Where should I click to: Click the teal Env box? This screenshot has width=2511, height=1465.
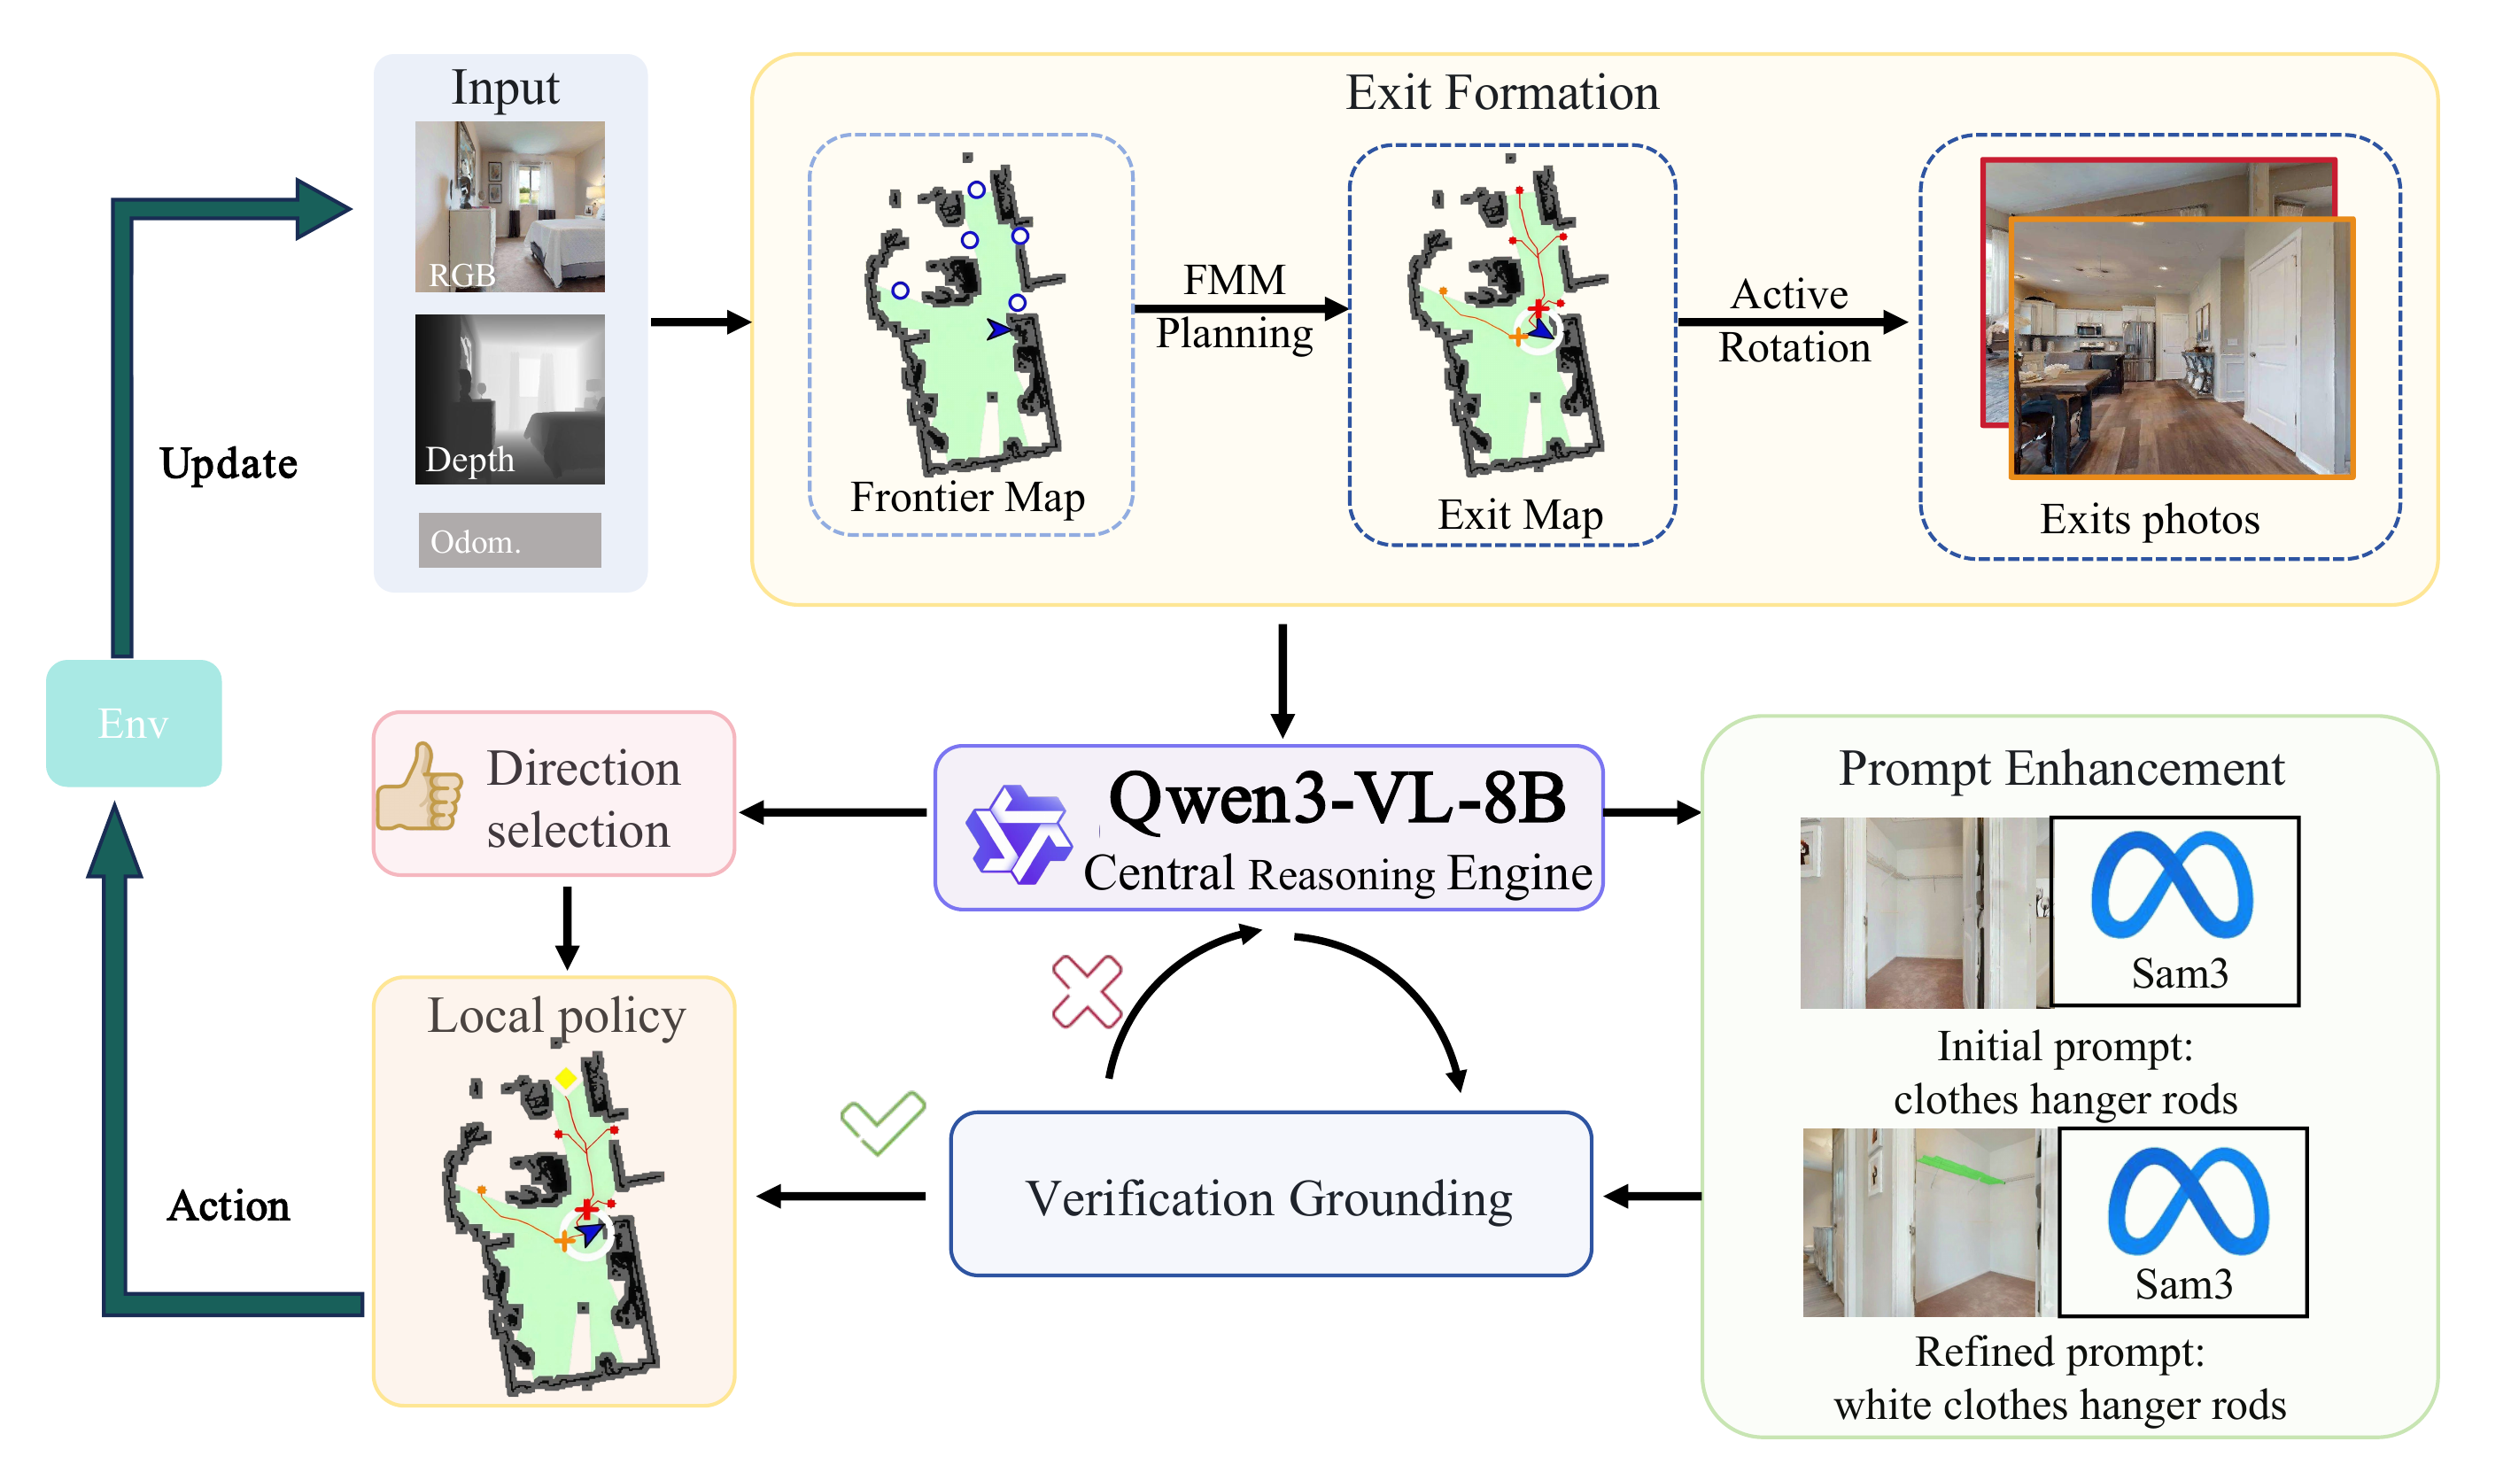[134, 724]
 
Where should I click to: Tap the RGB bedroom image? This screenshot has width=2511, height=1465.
[509, 206]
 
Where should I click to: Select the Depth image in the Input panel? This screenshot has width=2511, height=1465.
[509, 399]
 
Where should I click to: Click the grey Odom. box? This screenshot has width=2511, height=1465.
[509, 540]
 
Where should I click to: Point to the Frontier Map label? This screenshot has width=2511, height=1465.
[966, 496]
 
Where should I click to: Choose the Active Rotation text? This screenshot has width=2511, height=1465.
[1793, 321]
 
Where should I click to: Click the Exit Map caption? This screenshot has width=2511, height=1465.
[1520, 515]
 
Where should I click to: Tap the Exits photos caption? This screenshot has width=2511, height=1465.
[2150, 519]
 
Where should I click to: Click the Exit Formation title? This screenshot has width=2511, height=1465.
[1501, 93]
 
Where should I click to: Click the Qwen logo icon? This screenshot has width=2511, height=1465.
[1018, 834]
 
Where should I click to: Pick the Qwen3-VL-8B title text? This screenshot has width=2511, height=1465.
[1337, 798]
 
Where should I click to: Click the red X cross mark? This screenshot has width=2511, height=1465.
[1086, 992]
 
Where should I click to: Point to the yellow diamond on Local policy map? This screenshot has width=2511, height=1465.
[566, 1078]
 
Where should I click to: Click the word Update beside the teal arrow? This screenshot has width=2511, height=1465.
[229, 463]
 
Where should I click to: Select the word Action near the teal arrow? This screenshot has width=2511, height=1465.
[229, 1205]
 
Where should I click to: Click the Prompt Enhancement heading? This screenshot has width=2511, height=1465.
[2060, 769]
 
